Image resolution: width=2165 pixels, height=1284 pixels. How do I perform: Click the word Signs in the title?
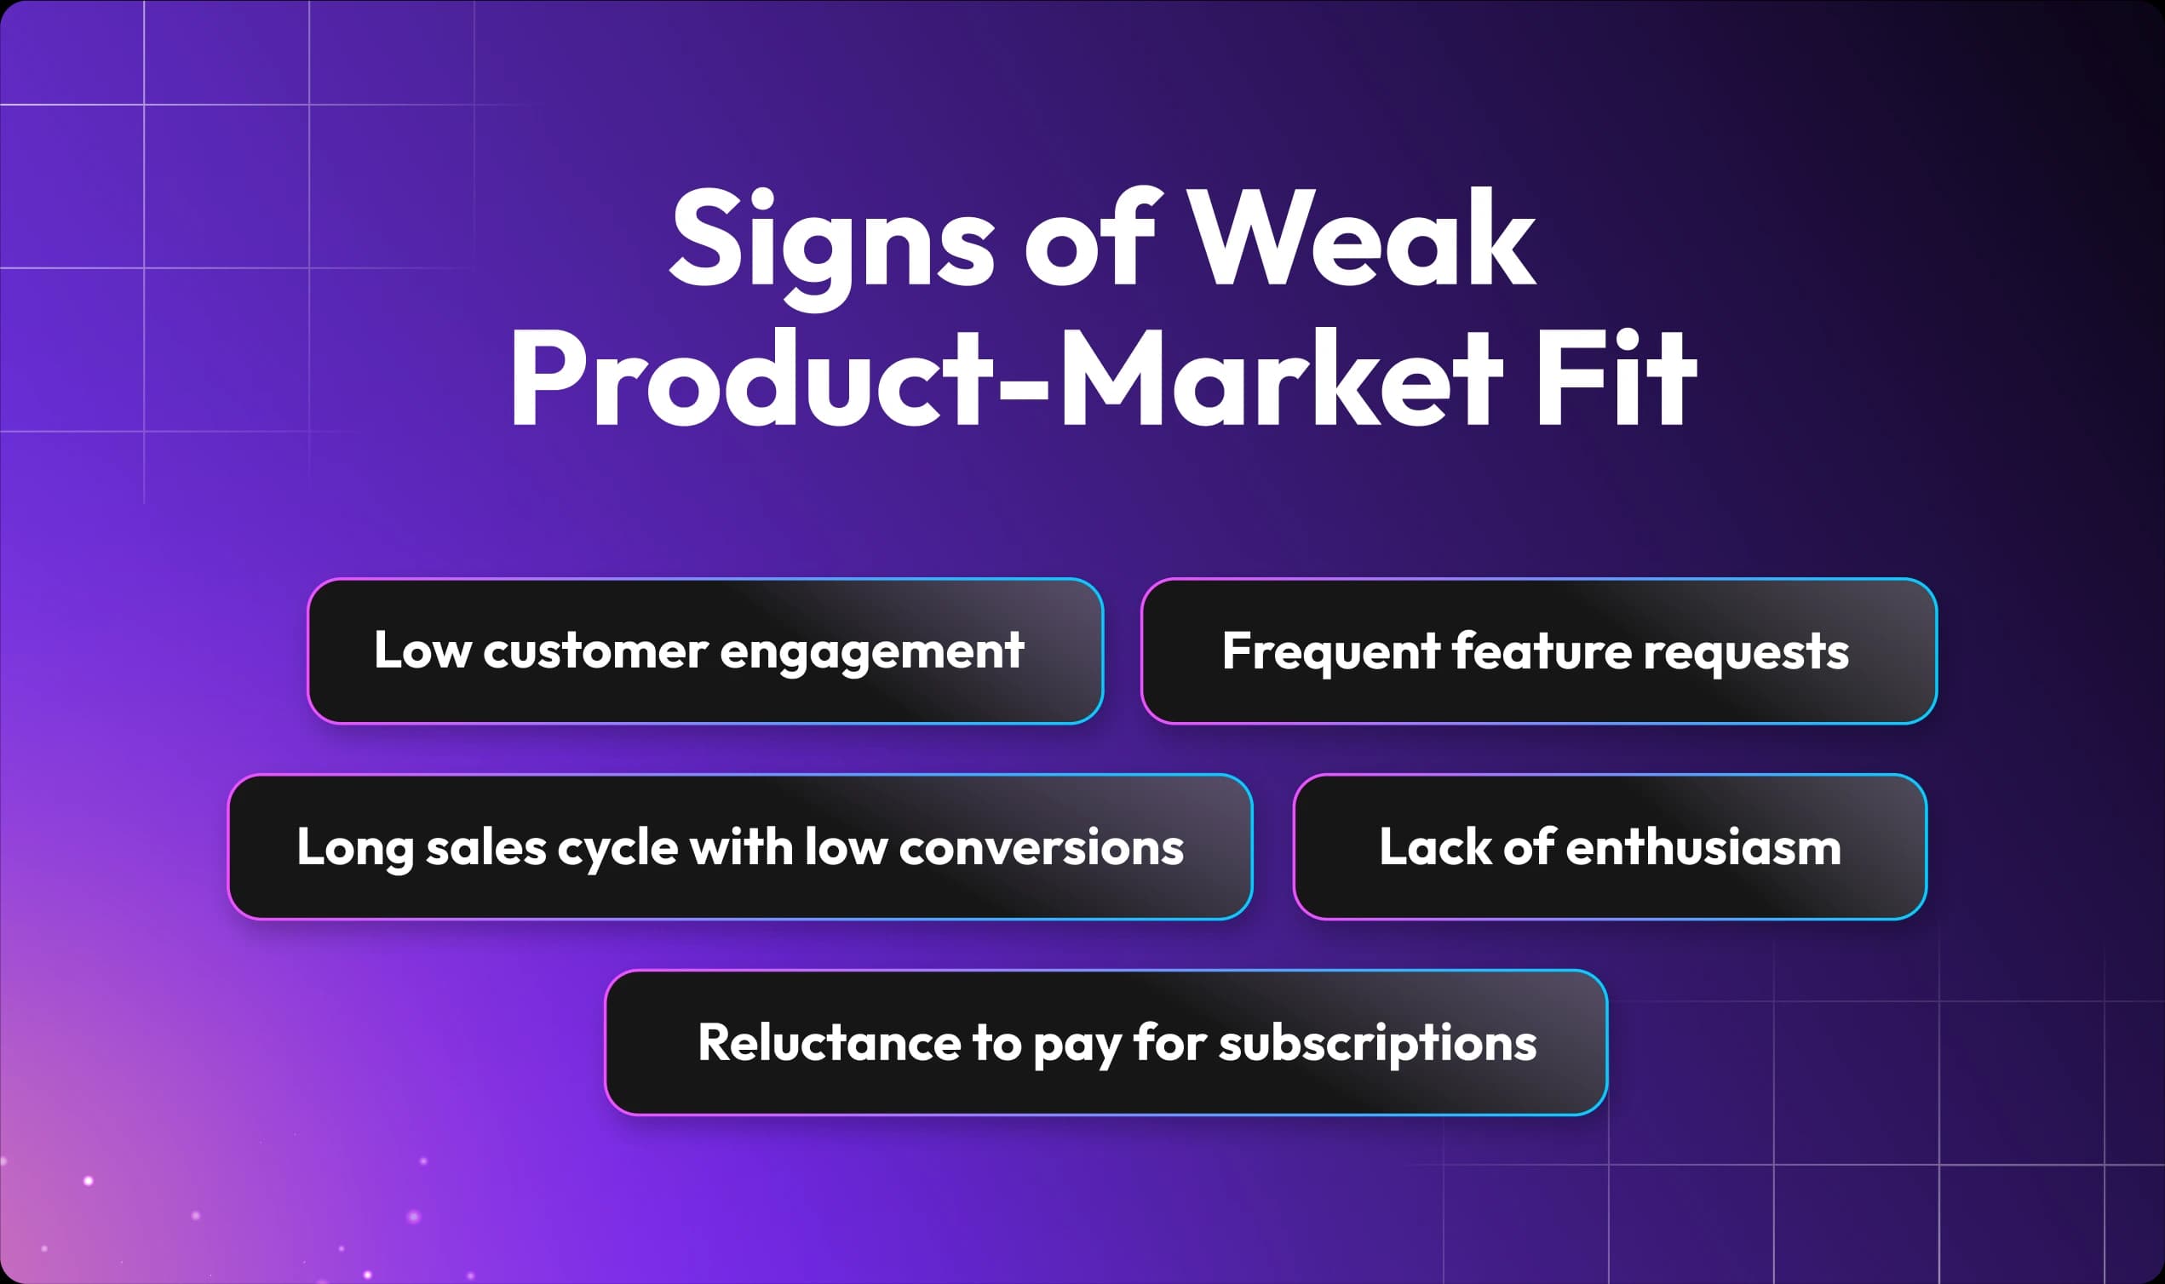click(831, 245)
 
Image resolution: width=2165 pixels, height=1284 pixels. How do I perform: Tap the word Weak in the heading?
click(1366, 237)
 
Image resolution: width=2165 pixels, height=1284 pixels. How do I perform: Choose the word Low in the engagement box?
click(422, 650)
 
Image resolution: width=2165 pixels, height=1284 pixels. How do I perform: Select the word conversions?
click(1041, 848)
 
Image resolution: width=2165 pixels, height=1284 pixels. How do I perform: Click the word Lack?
click(1436, 846)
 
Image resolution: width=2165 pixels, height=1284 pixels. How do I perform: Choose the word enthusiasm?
click(1703, 846)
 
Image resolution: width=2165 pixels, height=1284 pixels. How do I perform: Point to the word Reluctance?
click(829, 1042)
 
